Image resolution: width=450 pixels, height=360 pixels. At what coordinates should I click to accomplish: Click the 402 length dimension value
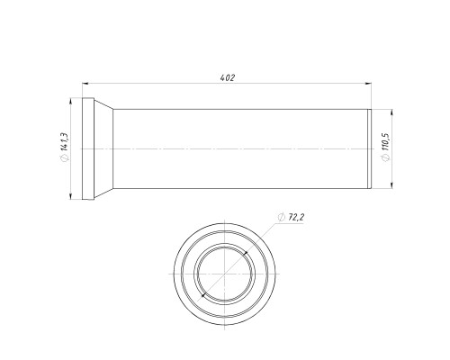click(x=228, y=78)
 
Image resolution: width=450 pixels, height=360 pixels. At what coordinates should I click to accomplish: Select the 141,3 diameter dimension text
click(x=64, y=142)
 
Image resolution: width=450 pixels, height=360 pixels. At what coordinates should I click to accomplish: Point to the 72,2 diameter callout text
click(x=296, y=217)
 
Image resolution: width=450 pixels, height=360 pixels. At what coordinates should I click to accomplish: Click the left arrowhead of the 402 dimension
click(x=85, y=84)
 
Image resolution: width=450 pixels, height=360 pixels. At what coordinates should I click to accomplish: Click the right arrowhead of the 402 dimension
click(x=368, y=84)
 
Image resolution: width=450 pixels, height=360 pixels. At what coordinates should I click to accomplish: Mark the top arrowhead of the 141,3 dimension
click(x=70, y=102)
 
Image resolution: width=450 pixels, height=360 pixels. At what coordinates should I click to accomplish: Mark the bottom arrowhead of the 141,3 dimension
click(x=70, y=196)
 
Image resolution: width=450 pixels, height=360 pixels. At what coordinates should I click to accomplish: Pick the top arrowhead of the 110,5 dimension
click(x=392, y=112)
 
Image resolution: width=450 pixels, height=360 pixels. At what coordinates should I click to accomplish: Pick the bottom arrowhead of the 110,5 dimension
click(x=392, y=185)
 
